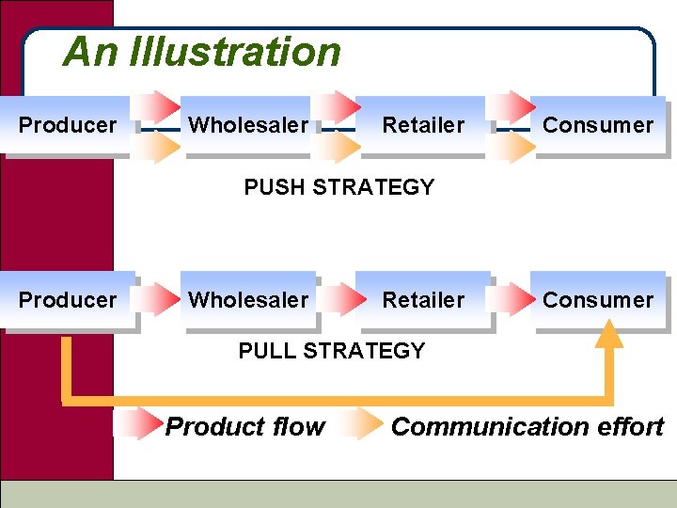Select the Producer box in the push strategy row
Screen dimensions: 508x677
68,125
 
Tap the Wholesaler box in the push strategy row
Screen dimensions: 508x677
247,125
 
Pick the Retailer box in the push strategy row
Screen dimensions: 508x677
422,125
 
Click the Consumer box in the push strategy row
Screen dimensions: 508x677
597,125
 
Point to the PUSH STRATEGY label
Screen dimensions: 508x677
338,187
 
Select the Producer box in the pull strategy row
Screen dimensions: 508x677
68,300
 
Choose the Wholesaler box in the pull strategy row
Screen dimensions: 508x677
247,300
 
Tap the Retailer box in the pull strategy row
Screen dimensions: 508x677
422,300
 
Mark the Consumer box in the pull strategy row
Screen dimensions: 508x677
597,300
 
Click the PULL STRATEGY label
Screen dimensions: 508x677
331,351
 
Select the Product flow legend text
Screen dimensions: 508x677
244,427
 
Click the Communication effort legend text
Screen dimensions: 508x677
527,427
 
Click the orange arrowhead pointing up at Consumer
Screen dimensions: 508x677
609,333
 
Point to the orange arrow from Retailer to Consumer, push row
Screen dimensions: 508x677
513,146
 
